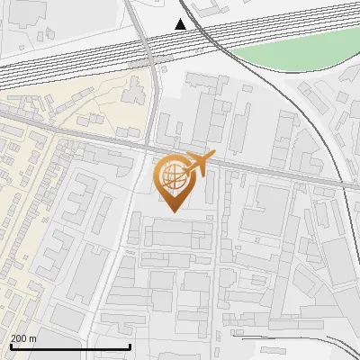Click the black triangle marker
coord(181,24)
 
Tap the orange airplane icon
coord(199,165)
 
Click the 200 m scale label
coord(23,338)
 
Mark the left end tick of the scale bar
coord(10,346)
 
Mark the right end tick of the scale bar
coord(130,346)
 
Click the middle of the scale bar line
coord(70,347)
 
